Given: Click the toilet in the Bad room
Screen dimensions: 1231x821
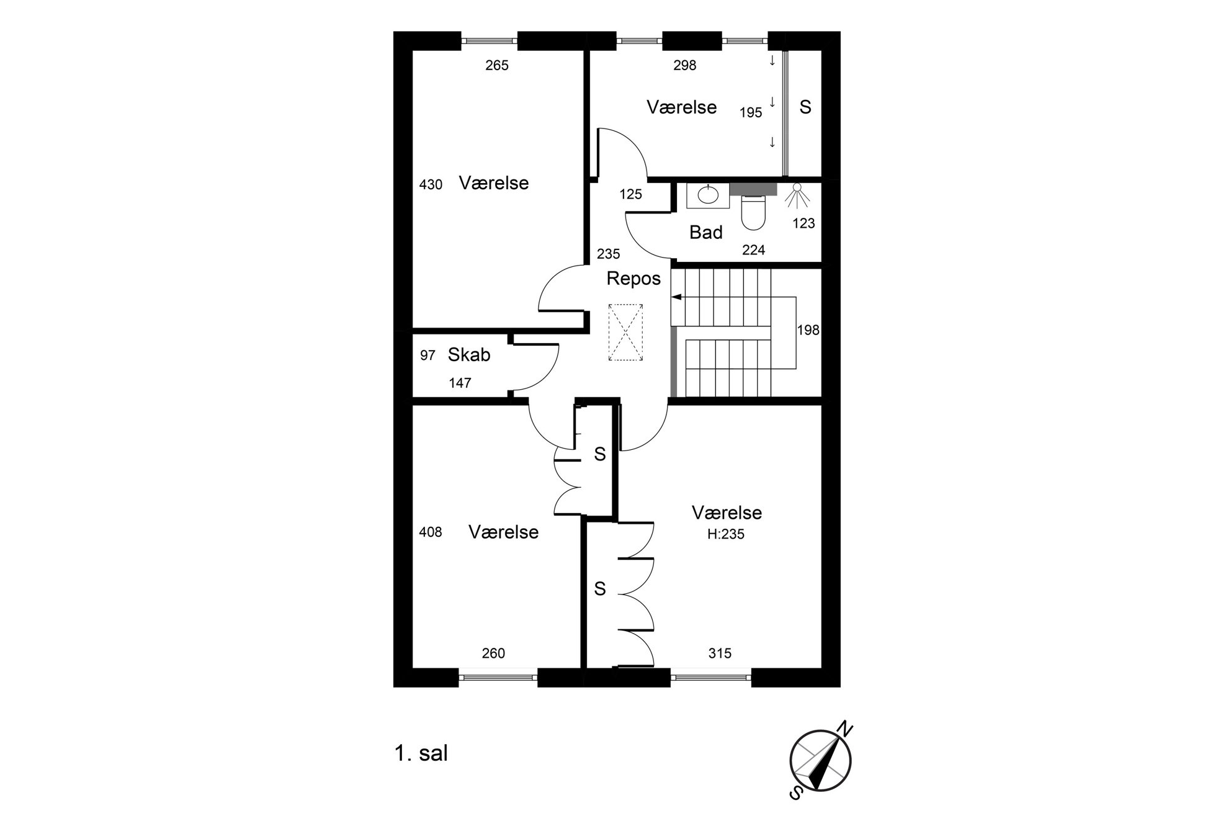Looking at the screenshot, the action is pyautogui.click(x=754, y=211).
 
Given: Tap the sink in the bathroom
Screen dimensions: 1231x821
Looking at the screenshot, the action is pyautogui.click(x=707, y=195).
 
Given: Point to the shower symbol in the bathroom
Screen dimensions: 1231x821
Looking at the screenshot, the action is pyautogui.click(x=797, y=195).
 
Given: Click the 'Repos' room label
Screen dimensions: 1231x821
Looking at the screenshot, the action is pyautogui.click(x=633, y=279).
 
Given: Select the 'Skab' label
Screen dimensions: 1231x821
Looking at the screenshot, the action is pyautogui.click(x=469, y=354).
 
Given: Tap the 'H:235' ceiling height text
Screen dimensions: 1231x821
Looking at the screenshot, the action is pyautogui.click(x=726, y=534).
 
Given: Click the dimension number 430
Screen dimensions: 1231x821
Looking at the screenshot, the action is pyautogui.click(x=431, y=184).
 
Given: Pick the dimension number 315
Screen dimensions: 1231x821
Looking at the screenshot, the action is pyautogui.click(x=720, y=653).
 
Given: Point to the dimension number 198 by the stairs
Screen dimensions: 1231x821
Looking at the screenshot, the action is pyautogui.click(x=808, y=330).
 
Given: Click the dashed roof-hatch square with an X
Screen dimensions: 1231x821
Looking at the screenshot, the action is pyautogui.click(x=626, y=332).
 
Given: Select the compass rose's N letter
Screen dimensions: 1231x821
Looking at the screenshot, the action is pyautogui.click(x=845, y=728).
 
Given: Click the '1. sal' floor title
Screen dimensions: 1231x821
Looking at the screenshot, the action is pyautogui.click(x=421, y=753).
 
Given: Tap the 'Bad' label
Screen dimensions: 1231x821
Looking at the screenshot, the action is pyautogui.click(x=706, y=233).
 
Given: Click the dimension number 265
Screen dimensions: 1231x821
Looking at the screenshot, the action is pyautogui.click(x=497, y=65).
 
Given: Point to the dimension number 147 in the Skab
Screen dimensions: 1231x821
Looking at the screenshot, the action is pyautogui.click(x=460, y=383).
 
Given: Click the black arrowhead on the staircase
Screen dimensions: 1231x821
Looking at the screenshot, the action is pyautogui.click(x=676, y=297).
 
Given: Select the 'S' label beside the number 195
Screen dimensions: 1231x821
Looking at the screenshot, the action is pyautogui.click(x=805, y=107).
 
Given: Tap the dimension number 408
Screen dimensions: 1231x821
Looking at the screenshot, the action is pyautogui.click(x=431, y=532).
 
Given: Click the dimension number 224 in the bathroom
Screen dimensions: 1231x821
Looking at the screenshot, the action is pyautogui.click(x=754, y=250).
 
